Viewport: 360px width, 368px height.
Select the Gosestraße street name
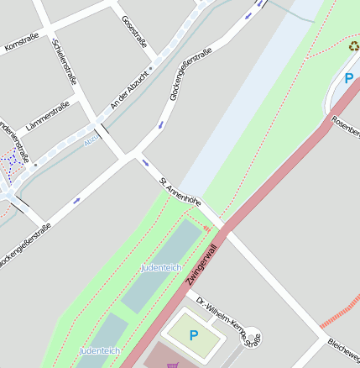[134, 33]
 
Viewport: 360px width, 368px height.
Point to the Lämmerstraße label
[48, 117]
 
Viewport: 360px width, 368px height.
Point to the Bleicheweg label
[344, 344]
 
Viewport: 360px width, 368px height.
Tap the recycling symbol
[353, 46]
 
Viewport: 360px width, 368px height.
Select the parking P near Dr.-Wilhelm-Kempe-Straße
[194, 335]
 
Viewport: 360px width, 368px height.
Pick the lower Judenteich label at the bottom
[99, 350]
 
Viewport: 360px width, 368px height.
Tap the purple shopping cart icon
[173, 365]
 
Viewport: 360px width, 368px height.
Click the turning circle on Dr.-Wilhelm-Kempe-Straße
[251, 335]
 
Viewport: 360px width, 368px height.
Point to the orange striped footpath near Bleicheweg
[340, 312]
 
